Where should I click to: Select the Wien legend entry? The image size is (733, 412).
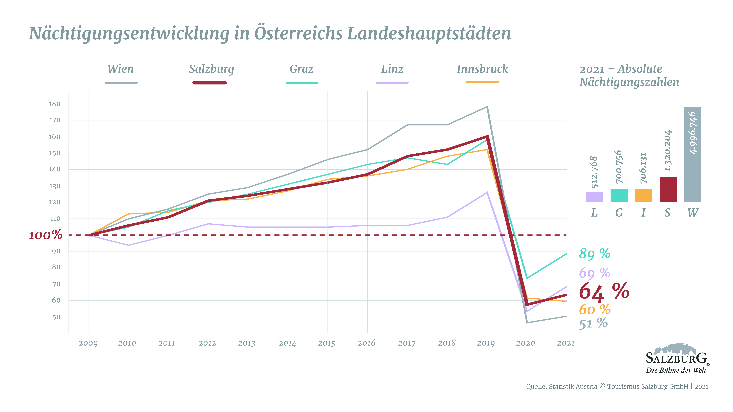click(x=121, y=69)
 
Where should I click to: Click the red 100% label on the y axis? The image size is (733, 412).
click(x=46, y=235)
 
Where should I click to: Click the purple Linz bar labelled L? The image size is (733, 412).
click(x=594, y=197)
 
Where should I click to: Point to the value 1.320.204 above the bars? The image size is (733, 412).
click(x=668, y=151)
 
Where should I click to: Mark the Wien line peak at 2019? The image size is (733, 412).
click(x=487, y=107)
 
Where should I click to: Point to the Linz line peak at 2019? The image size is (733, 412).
click(x=487, y=192)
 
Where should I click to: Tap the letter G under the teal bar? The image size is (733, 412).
click(x=619, y=213)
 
